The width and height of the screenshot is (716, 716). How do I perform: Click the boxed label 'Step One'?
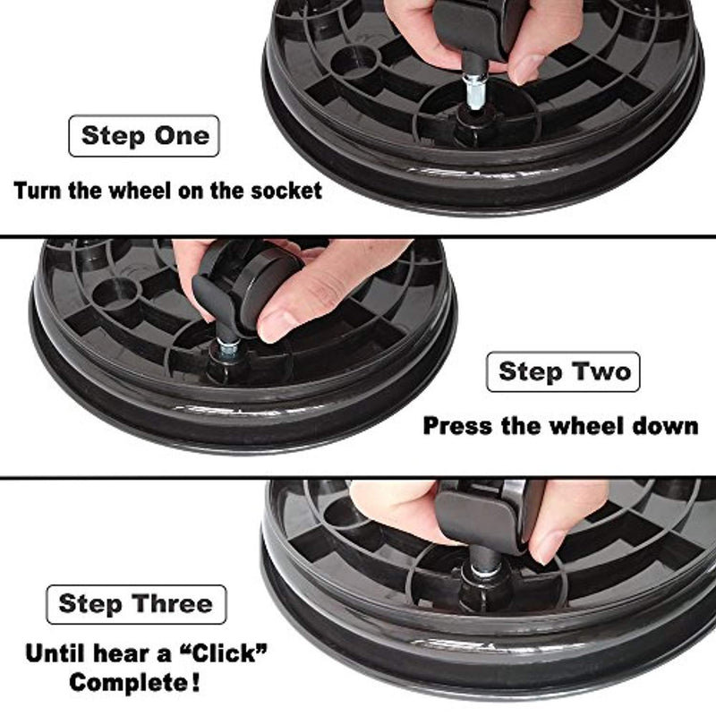144,136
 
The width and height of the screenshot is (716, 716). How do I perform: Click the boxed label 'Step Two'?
563,371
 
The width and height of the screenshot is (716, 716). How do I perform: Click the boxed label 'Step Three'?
136,604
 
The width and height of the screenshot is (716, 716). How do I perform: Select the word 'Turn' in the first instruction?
38,191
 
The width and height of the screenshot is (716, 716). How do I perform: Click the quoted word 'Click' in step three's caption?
221,653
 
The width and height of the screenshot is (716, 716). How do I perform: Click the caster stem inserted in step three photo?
485,560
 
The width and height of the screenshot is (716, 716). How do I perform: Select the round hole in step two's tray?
115,294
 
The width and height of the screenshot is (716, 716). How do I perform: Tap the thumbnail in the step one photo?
525,69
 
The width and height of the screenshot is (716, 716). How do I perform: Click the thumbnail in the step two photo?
276,324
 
